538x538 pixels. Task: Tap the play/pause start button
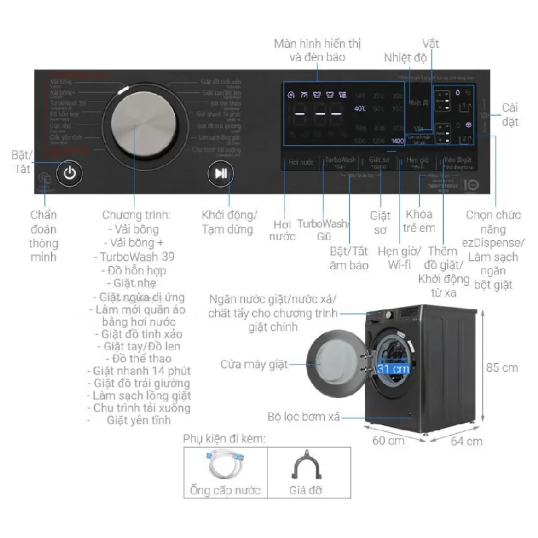click(x=221, y=173)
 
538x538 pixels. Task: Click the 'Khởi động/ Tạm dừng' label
click(x=229, y=223)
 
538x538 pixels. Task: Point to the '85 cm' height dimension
click(x=502, y=367)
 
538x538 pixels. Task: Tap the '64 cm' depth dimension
click(x=466, y=441)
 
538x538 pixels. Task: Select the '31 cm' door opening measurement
click(x=393, y=369)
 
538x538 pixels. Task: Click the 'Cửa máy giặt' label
click(x=254, y=364)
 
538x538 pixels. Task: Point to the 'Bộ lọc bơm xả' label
click(x=303, y=417)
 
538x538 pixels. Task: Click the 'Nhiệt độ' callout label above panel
click(x=406, y=58)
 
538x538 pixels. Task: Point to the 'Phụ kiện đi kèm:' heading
click(x=225, y=438)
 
